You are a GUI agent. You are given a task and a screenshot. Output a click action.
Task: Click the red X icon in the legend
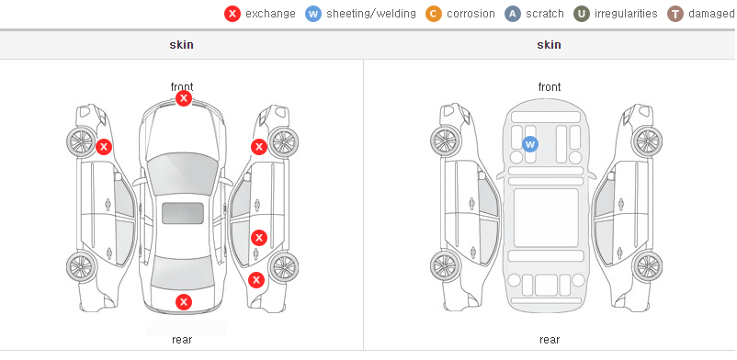click(232, 14)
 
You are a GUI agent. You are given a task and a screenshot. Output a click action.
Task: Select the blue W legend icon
click(313, 14)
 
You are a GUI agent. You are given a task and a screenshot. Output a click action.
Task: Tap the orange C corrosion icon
click(434, 14)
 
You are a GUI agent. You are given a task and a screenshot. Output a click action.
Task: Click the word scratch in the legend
click(545, 14)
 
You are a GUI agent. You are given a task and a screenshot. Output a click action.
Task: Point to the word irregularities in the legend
click(626, 14)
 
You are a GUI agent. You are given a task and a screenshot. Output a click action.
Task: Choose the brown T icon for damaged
click(675, 14)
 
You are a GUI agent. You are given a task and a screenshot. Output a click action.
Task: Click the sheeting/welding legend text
click(371, 14)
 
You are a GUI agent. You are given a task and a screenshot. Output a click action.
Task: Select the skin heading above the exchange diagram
click(181, 45)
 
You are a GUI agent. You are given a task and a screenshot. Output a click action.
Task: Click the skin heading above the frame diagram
click(549, 45)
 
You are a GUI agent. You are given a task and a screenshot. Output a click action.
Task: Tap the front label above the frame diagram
click(550, 87)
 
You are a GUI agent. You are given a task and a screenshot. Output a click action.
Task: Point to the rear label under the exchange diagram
click(182, 340)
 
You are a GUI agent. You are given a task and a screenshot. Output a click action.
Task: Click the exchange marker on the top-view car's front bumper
click(184, 98)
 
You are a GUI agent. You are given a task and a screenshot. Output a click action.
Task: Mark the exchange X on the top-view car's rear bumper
click(184, 302)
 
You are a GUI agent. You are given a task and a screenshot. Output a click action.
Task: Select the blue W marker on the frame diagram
click(530, 144)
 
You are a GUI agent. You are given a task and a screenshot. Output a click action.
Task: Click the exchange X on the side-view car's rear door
click(259, 238)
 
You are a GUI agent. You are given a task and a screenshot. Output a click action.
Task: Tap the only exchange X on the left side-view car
click(104, 147)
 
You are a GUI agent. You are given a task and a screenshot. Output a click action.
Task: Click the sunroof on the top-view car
click(183, 213)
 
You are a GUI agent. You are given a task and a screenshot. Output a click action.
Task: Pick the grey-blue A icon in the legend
click(513, 14)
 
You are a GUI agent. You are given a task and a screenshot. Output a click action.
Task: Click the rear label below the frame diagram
click(550, 340)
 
